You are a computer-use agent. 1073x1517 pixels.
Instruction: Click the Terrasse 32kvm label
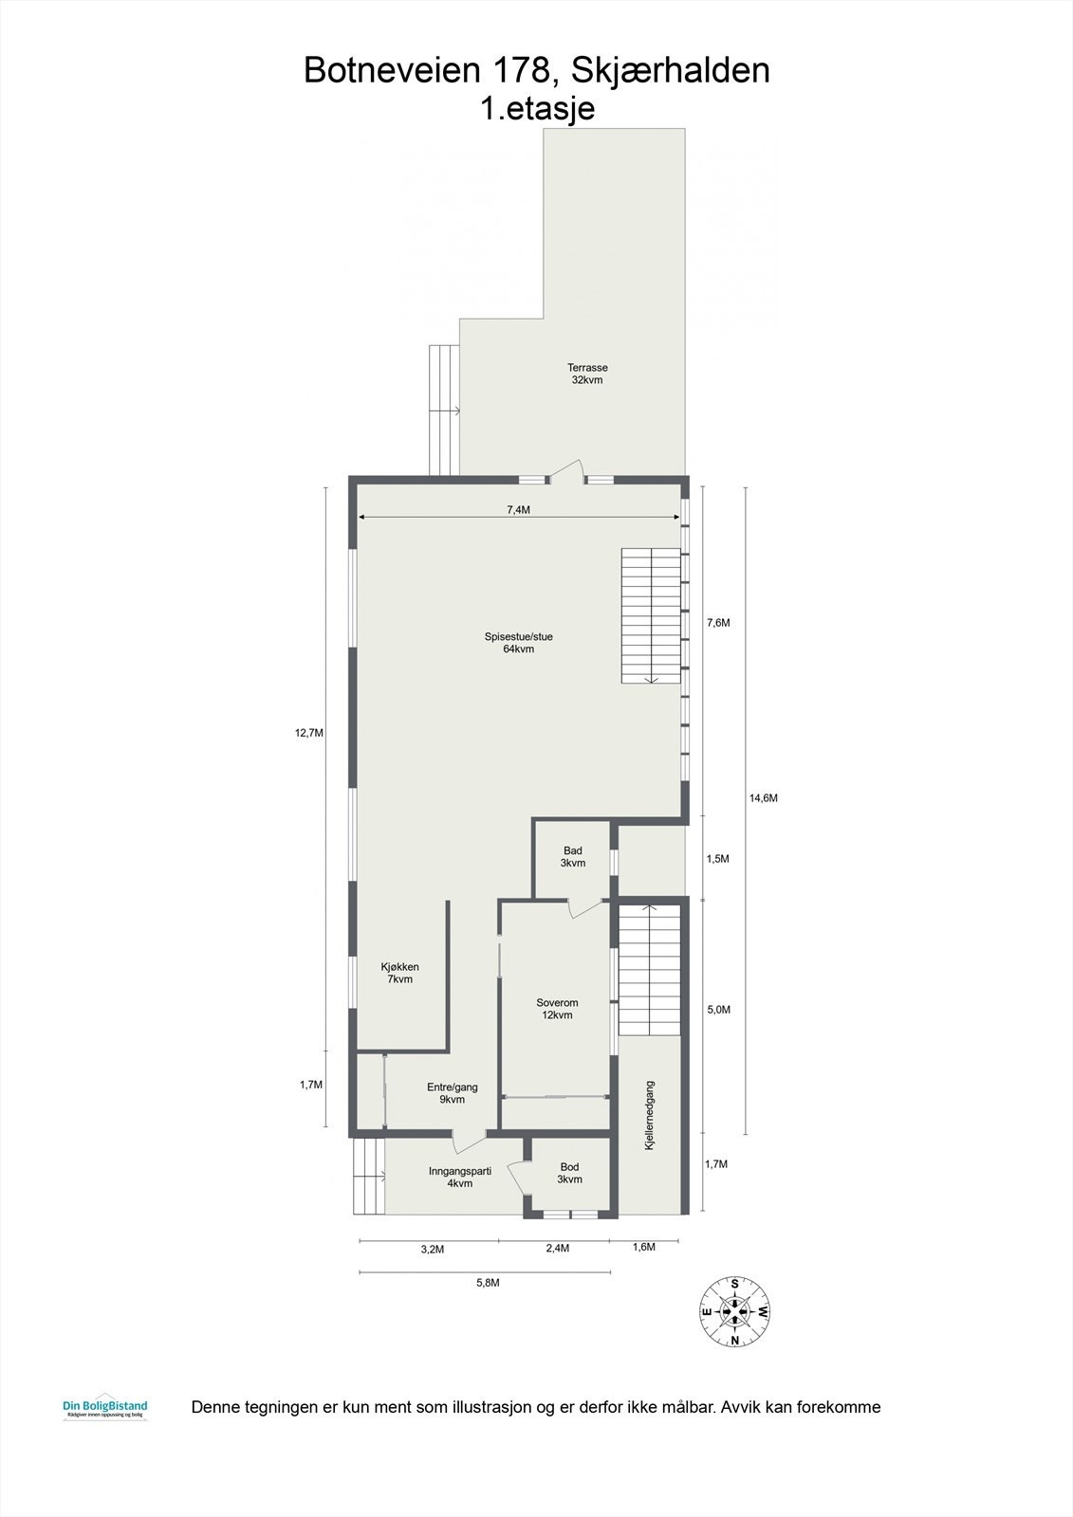coord(587,374)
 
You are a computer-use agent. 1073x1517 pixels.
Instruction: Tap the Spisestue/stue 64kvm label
coord(518,643)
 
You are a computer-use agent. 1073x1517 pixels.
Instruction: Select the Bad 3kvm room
coord(572,857)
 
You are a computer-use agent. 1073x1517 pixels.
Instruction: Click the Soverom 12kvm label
coord(557,1009)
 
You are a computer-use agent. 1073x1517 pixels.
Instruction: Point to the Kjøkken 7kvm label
coord(399,973)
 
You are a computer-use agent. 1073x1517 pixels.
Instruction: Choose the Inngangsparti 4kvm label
coord(459,1177)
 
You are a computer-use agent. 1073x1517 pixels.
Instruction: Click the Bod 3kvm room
coord(569,1173)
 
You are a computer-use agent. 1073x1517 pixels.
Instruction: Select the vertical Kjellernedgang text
coord(650,1116)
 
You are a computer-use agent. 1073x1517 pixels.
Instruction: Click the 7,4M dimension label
coord(518,510)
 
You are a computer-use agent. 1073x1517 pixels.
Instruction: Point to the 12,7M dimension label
coord(309,733)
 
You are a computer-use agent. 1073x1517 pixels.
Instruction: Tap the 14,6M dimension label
coord(763,798)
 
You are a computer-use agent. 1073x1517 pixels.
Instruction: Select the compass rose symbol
coord(735,1311)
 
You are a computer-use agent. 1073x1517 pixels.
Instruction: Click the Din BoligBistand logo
coord(104,1409)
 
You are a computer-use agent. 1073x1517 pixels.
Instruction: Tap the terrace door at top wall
coord(567,472)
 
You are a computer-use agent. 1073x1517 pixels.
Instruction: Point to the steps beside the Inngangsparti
coord(369,1176)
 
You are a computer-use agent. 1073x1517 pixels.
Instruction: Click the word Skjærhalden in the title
coord(664,71)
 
